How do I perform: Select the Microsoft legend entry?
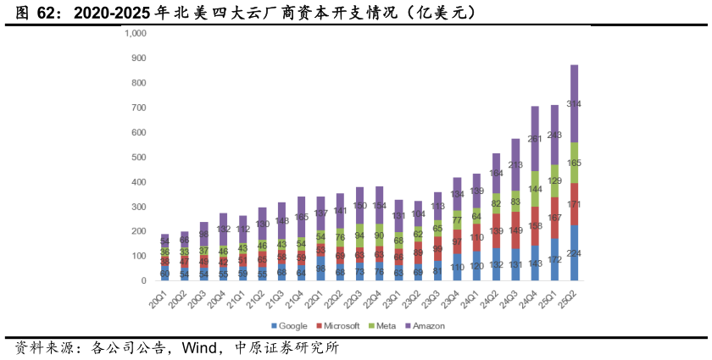[x=337, y=325]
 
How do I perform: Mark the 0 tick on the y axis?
[x=145, y=280]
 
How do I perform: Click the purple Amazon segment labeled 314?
[x=575, y=103]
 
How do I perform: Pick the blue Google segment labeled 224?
[x=575, y=252]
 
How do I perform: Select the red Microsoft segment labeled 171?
[x=575, y=204]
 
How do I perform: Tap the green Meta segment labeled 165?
[x=575, y=163]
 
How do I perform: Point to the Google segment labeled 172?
[x=554, y=258]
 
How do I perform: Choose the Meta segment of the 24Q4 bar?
[x=535, y=189]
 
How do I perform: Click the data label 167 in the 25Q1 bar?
[x=554, y=218]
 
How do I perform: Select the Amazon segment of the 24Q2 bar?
[x=496, y=174]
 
